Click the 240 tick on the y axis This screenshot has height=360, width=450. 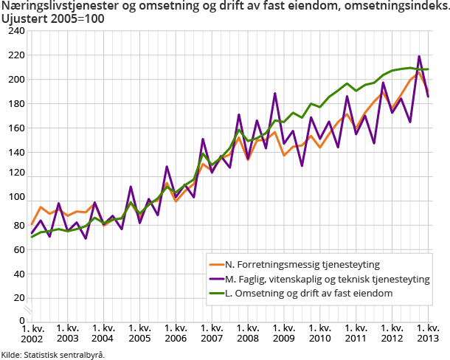(x=16, y=32)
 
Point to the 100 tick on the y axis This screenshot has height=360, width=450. (x=16, y=200)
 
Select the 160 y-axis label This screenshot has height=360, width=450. (x=16, y=128)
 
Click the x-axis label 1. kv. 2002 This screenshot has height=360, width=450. (x=32, y=333)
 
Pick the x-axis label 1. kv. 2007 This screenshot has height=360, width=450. (x=212, y=333)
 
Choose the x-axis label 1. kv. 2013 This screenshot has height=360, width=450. (x=428, y=333)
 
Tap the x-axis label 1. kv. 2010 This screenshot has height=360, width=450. (x=320, y=333)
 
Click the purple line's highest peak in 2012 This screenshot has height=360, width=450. (x=419, y=56)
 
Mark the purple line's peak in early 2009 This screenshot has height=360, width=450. (x=275, y=94)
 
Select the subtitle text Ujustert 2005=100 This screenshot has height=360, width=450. (x=52, y=19)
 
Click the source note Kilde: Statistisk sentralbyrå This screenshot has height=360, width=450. (x=52, y=354)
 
